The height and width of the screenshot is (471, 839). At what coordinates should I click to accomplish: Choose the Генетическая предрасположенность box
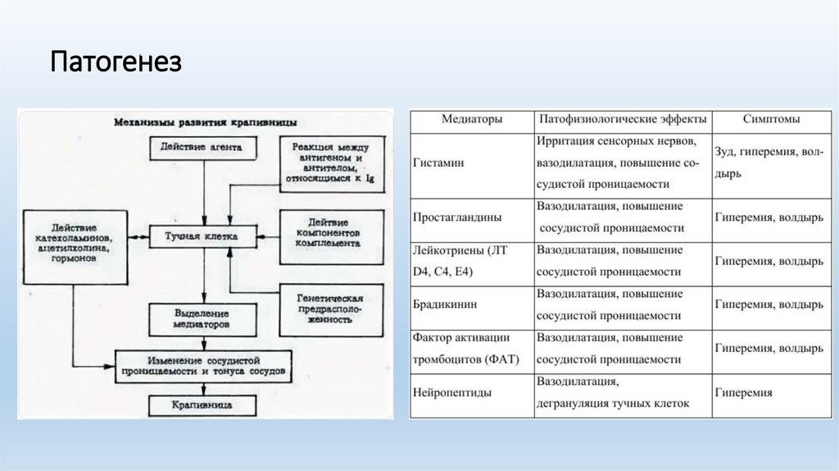pos(331,309)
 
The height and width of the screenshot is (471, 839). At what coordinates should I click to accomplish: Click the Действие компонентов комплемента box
pos(331,233)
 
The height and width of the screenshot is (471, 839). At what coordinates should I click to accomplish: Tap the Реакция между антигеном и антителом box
pos(331,162)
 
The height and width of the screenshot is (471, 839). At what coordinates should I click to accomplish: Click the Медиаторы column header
pos(472,120)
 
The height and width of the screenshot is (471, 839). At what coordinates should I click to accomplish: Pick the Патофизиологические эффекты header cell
pos(623,120)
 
